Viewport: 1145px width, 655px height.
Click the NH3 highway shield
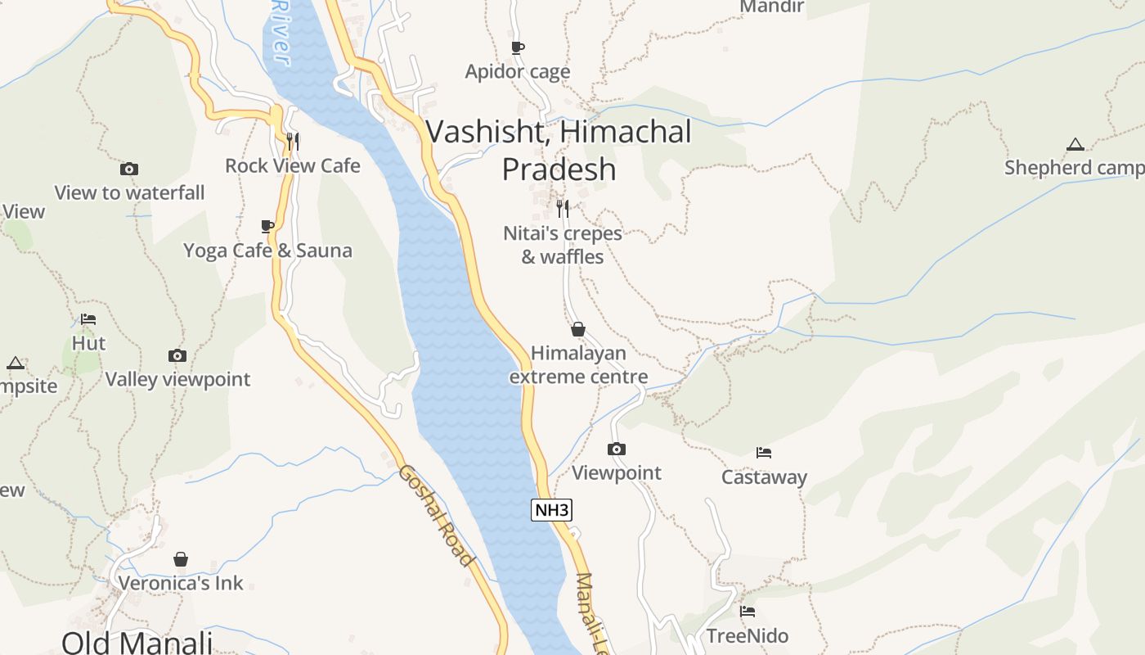pyautogui.click(x=551, y=510)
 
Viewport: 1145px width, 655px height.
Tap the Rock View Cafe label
pyautogui.click(x=293, y=165)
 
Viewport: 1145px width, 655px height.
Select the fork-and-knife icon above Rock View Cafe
pyautogui.click(x=293, y=142)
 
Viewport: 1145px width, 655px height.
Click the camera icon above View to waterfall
pyautogui.click(x=129, y=169)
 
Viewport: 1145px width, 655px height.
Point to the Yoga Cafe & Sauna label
pyautogui.click(x=267, y=251)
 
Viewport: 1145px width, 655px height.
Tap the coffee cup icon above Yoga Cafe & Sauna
pyautogui.click(x=267, y=226)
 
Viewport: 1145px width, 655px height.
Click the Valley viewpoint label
pyautogui.click(x=177, y=379)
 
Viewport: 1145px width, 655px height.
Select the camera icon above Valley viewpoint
pyautogui.click(x=177, y=355)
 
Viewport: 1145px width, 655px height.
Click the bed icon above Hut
pyautogui.click(x=88, y=319)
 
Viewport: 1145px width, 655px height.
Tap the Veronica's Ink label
pyautogui.click(x=181, y=583)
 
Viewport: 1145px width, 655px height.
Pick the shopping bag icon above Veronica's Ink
pyautogui.click(x=181, y=559)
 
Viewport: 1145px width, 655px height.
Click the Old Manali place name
pyautogui.click(x=137, y=641)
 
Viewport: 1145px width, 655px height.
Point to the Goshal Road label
pyautogui.click(x=437, y=516)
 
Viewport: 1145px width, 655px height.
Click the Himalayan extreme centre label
pyautogui.click(x=578, y=365)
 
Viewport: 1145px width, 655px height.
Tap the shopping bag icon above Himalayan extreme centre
pyautogui.click(x=578, y=329)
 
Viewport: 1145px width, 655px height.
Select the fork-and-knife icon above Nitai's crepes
pyautogui.click(x=563, y=208)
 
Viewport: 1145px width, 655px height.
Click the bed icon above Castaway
pyautogui.click(x=764, y=453)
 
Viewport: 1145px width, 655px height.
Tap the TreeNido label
pyautogui.click(x=748, y=635)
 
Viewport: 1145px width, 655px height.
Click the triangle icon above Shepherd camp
pyautogui.click(x=1075, y=145)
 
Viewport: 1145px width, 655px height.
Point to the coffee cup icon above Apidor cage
pyautogui.click(x=518, y=47)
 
